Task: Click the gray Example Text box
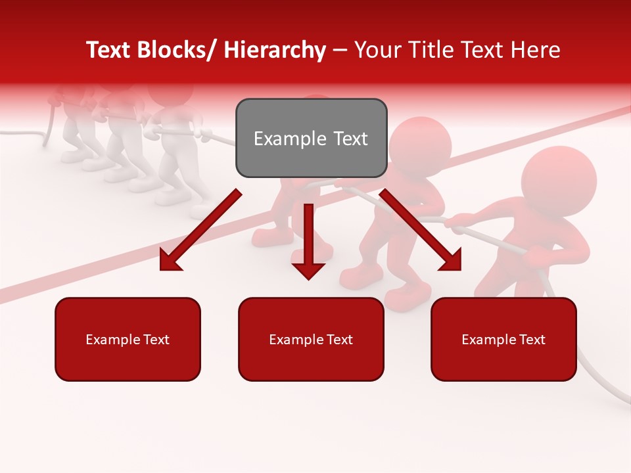pos(311,138)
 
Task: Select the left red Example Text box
pos(128,339)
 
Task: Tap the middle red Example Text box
pos(311,339)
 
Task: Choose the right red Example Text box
pos(503,339)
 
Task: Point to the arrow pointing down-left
pos(200,230)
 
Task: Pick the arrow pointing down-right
pos(421,230)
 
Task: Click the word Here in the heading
pos(536,50)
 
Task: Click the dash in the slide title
pos(340,51)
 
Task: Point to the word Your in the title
pos(374,50)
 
